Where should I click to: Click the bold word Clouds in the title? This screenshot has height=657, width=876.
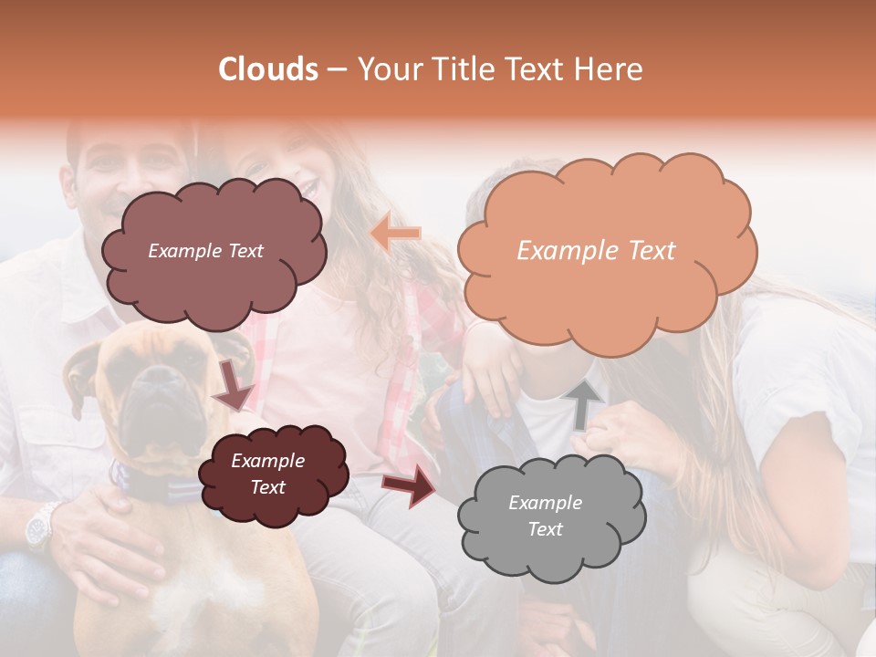(268, 69)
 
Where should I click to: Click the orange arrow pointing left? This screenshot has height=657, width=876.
(395, 234)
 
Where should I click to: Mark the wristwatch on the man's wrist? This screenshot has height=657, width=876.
(41, 527)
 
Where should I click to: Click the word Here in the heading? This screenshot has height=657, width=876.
(610, 69)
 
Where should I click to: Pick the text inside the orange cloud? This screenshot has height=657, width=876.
(596, 251)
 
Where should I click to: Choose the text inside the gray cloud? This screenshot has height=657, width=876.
(545, 516)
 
